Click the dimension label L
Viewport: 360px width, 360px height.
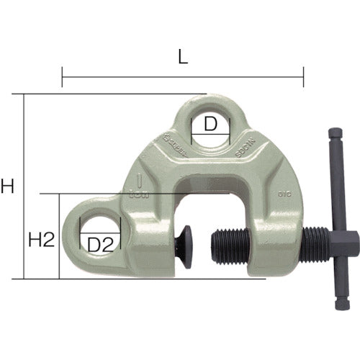(183, 58)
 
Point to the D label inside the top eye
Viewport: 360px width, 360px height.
(210, 125)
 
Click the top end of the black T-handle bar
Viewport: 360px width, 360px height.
(336, 135)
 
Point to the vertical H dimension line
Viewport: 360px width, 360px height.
(24, 187)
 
